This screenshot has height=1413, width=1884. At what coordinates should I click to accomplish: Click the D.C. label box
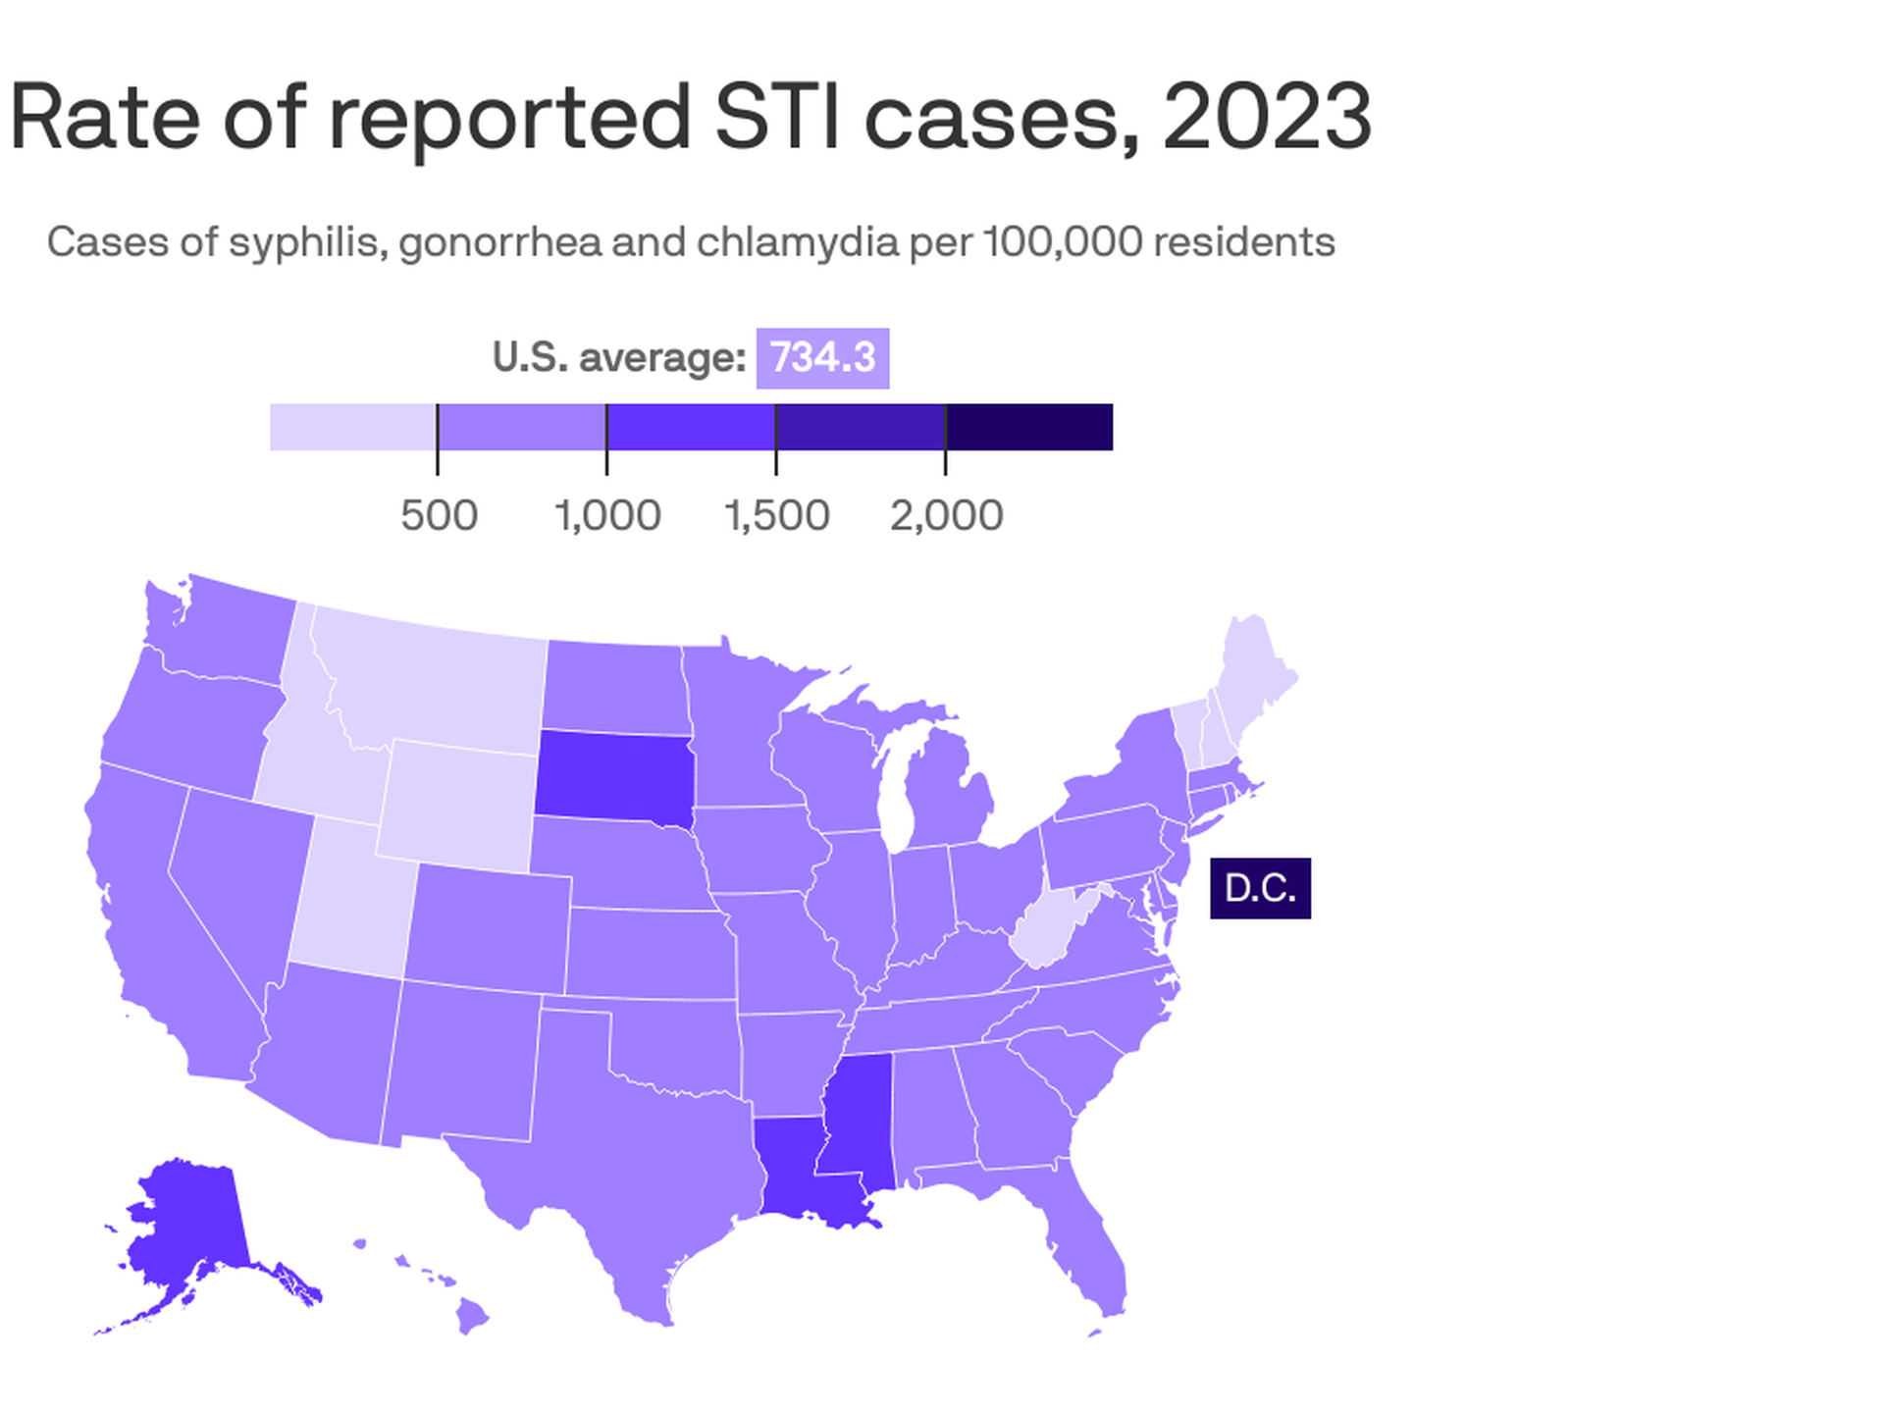(1260, 888)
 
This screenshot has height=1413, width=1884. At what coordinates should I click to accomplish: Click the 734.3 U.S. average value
(822, 358)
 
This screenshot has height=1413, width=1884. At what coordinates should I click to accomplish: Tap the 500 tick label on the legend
(439, 515)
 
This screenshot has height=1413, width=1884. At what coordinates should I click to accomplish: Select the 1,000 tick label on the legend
(607, 515)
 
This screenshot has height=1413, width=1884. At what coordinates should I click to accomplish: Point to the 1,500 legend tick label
(776, 515)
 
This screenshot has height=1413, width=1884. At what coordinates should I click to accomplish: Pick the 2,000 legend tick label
(946, 515)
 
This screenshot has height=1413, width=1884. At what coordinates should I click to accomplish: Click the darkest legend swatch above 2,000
(1029, 427)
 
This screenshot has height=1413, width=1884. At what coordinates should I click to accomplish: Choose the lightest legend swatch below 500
(353, 427)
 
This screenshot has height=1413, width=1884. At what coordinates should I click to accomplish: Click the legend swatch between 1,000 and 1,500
(691, 427)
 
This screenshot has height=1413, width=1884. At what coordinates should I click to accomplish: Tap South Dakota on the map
(613, 775)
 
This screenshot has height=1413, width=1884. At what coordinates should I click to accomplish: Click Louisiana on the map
(800, 1168)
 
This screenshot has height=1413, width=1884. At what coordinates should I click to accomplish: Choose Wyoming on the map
(456, 805)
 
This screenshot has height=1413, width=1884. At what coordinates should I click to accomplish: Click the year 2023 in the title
(1266, 118)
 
